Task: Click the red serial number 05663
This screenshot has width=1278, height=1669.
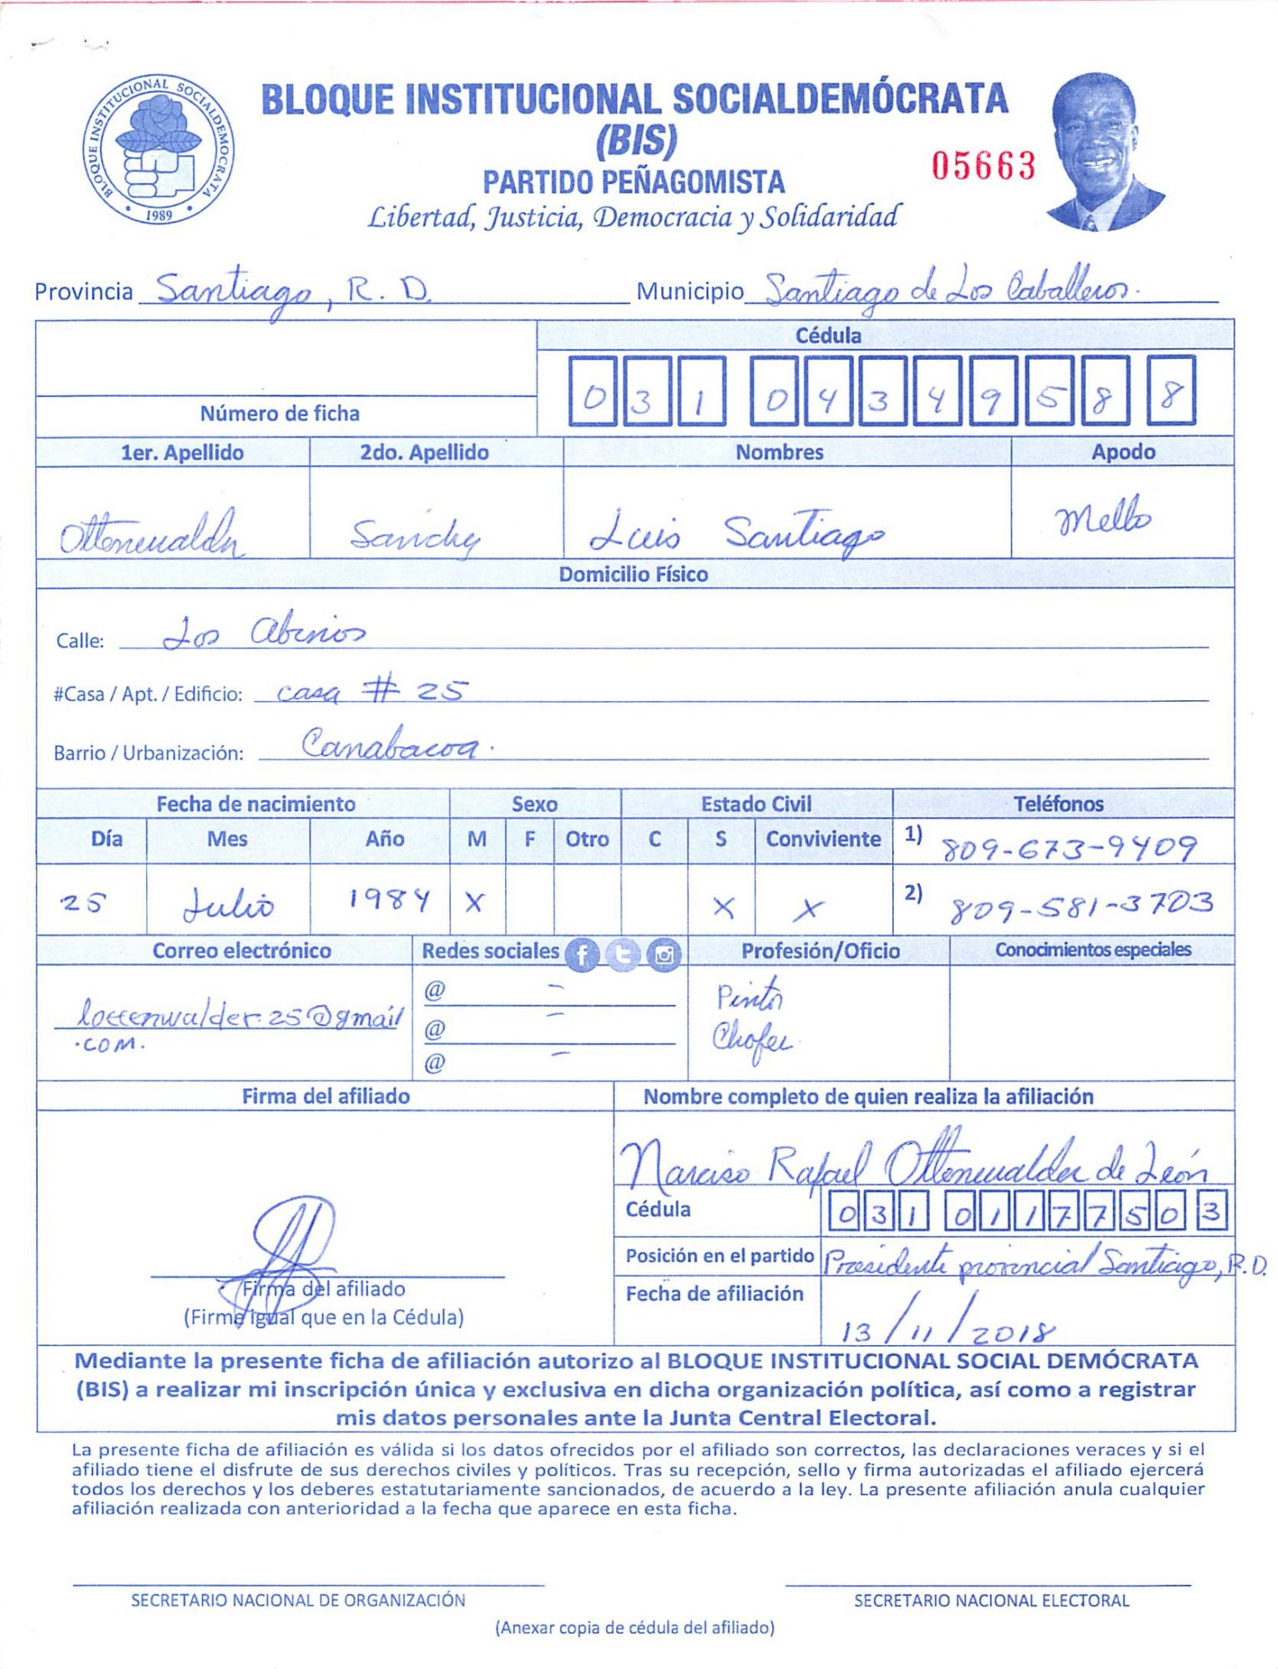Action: tap(983, 166)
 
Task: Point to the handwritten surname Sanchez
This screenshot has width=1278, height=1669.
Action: tap(415, 535)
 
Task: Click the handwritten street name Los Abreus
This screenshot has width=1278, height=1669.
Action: tap(263, 633)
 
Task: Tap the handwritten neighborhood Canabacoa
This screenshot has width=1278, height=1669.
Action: tap(391, 743)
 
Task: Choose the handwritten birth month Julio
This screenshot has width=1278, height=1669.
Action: tap(228, 905)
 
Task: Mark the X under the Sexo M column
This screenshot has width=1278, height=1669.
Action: tap(475, 902)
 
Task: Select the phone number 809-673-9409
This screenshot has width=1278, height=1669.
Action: tap(1069, 850)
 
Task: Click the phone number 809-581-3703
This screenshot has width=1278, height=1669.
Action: tap(1081, 905)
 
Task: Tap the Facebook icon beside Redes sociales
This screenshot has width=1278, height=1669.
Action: tap(582, 955)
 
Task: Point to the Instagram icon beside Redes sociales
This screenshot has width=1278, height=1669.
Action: tap(664, 955)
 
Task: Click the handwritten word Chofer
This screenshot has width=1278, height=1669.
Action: tap(750, 1041)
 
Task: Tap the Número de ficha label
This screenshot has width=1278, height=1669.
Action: tap(280, 414)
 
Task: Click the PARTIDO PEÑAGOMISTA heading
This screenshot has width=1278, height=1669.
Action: tap(634, 182)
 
